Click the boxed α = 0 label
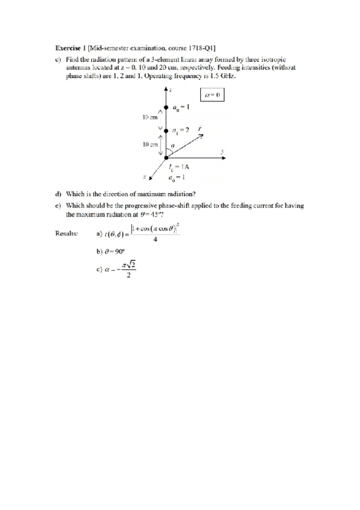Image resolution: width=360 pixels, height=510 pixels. (212, 95)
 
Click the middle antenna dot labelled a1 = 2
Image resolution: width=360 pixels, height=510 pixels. (166, 132)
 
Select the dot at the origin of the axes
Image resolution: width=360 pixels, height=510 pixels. (166, 158)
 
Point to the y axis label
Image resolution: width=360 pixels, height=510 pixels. (222, 151)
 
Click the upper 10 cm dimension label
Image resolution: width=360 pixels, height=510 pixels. (150, 117)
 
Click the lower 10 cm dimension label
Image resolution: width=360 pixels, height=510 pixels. (150, 144)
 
